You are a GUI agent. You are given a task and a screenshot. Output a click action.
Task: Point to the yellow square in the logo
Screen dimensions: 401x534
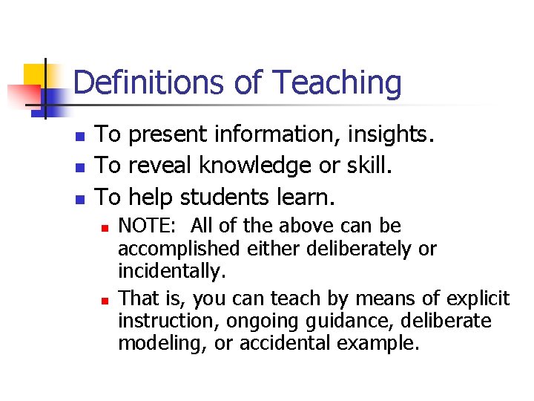pos(36,75)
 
